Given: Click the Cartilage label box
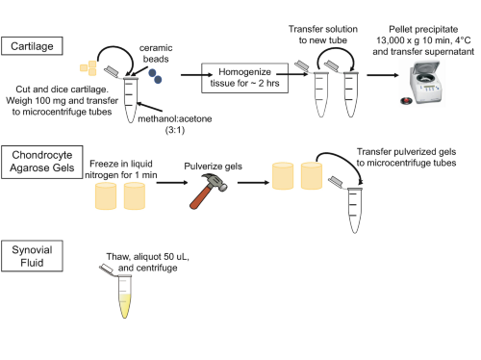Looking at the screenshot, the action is point(32,46).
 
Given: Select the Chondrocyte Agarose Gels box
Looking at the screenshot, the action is point(42,162).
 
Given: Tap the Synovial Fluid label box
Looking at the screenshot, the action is point(32,256).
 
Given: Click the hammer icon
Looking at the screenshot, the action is point(208,192).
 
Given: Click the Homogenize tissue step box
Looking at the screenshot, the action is point(244,78).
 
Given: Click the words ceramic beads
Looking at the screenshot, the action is point(156,54).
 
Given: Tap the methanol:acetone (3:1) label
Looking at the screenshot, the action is point(175,124).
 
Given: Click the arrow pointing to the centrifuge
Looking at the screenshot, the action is point(383,75).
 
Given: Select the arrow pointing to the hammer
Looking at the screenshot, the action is point(172,183).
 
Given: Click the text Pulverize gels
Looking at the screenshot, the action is point(213,167).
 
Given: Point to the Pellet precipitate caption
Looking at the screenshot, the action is point(423,40).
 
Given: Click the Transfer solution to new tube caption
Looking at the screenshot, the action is point(323,35).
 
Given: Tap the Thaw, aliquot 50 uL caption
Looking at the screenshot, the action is point(147,262).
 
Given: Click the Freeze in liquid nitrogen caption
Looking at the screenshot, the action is point(121,169).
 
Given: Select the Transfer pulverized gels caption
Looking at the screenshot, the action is point(406,157).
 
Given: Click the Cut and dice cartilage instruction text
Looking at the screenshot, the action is point(62,100).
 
